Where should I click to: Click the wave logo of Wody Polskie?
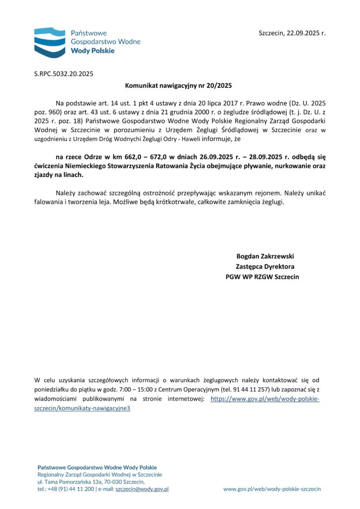pos(50,42)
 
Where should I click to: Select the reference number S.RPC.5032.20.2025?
pos(64,74)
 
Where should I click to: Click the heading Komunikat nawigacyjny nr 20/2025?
pos(180,85)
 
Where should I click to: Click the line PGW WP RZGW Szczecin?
pos(263,276)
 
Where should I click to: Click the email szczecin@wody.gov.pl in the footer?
pos(142,489)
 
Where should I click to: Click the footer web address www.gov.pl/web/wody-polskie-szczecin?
pos(272,489)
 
